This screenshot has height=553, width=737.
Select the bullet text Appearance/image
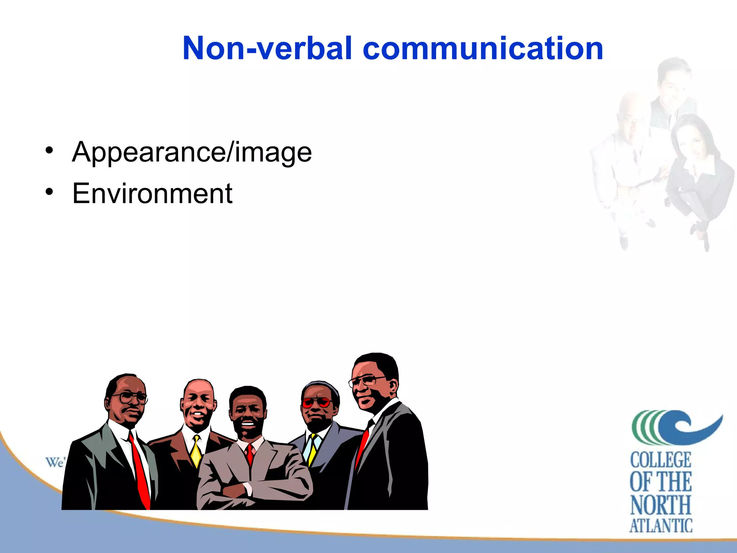tap(192, 152)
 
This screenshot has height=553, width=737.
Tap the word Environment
tap(152, 194)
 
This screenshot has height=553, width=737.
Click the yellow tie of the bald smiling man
tap(196, 452)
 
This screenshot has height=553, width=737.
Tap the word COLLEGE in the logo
tap(660, 460)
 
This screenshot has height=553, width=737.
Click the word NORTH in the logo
tap(660, 505)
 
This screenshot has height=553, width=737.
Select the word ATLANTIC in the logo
tap(660, 526)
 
